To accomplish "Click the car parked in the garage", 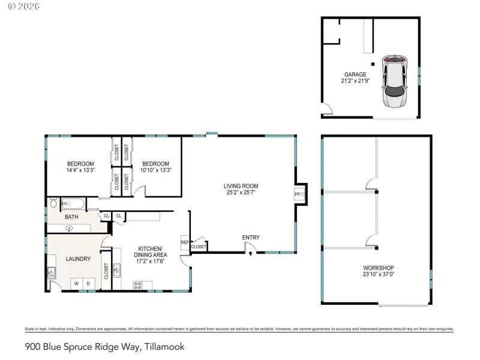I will [x=394, y=82].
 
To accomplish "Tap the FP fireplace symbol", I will [x=298, y=194].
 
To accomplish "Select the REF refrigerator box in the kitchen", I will [x=185, y=243].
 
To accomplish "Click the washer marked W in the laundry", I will [x=77, y=283].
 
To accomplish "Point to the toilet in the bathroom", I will [x=53, y=203].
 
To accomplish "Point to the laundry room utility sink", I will [x=52, y=273].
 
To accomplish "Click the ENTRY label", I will [x=251, y=238].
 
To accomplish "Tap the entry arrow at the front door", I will [x=251, y=253].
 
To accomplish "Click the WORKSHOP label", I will [x=379, y=268].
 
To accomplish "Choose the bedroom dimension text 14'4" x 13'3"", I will [x=80, y=170].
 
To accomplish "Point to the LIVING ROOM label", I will [x=241, y=186].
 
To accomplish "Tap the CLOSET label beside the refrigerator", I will [x=199, y=247].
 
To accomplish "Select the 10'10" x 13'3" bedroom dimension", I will [x=155, y=170].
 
